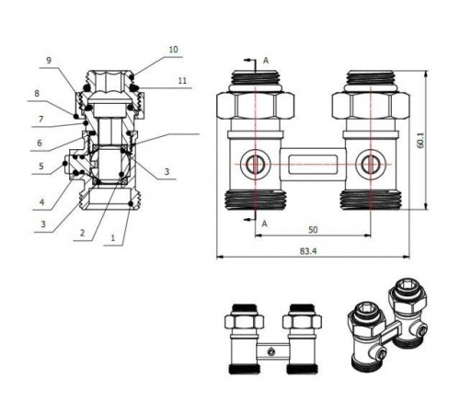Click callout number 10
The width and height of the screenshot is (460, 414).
click(173, 50)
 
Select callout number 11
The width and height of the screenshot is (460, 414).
click(182, 81)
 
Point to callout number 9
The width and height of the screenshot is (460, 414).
click(49, 61)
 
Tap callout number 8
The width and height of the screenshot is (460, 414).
click(37, 93)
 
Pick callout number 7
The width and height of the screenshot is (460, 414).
click(41, 119)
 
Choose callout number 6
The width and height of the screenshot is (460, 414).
click(40, 143)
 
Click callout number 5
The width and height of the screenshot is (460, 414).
click(41, 167)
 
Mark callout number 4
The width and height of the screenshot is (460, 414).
click(41, 202)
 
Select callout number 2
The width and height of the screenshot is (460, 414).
click(82, 234)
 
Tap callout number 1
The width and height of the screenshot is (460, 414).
click(113, 238)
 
